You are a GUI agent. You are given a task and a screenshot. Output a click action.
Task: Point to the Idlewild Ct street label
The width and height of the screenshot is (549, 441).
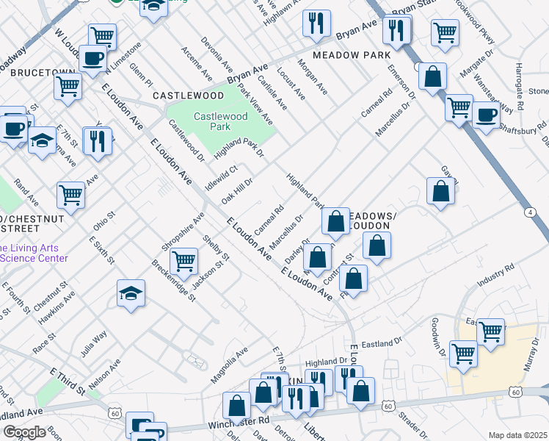tap(222, 178)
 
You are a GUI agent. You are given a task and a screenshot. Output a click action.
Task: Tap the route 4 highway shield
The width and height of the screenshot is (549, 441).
tap(529, 212)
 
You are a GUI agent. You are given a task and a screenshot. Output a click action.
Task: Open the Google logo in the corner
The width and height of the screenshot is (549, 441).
tap(24, 432)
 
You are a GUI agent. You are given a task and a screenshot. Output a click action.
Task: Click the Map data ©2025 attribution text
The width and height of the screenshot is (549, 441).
tap(517, 435)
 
